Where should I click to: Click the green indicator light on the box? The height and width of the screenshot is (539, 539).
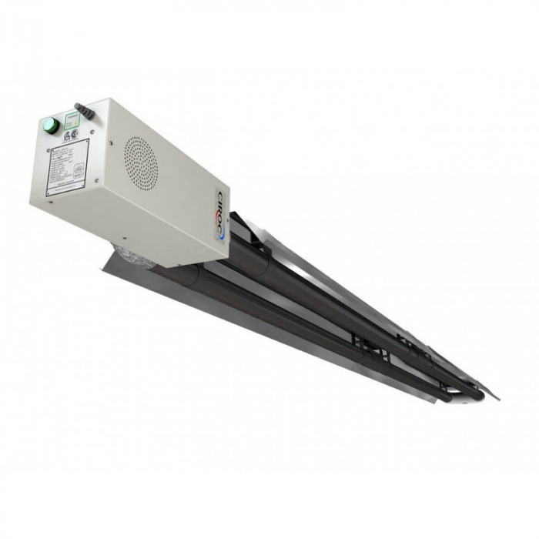point(50,124)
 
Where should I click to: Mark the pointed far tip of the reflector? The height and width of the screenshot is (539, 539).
point(497,398)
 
